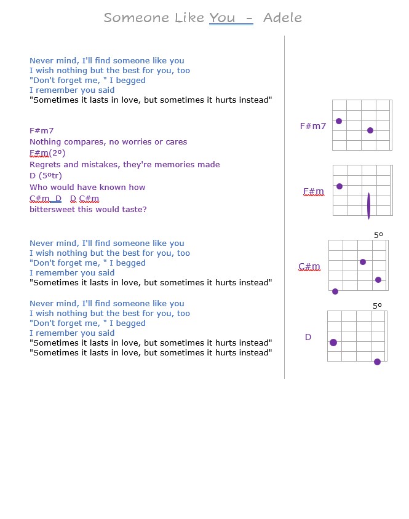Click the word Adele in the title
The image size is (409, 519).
click(282, 18)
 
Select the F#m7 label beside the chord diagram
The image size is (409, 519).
click(312, 126)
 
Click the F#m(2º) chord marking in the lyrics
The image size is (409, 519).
click(47, 153)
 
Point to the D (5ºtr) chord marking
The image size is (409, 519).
click(46, 176)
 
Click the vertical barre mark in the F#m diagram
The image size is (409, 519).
click(368, 205)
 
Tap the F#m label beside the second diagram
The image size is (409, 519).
click(313, 192)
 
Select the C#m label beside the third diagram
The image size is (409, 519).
click(309, 267)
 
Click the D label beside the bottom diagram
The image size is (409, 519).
click(308, 337)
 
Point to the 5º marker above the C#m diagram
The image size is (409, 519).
click(378, 236)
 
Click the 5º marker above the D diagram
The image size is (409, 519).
click(377, 306)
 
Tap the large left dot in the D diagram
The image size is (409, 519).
click(333, 343)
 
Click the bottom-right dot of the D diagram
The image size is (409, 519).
click(377, 362)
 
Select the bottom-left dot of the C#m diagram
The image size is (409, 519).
click(335, 291)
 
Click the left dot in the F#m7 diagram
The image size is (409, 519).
click(339, 121)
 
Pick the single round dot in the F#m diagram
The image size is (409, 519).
click(340, 186)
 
